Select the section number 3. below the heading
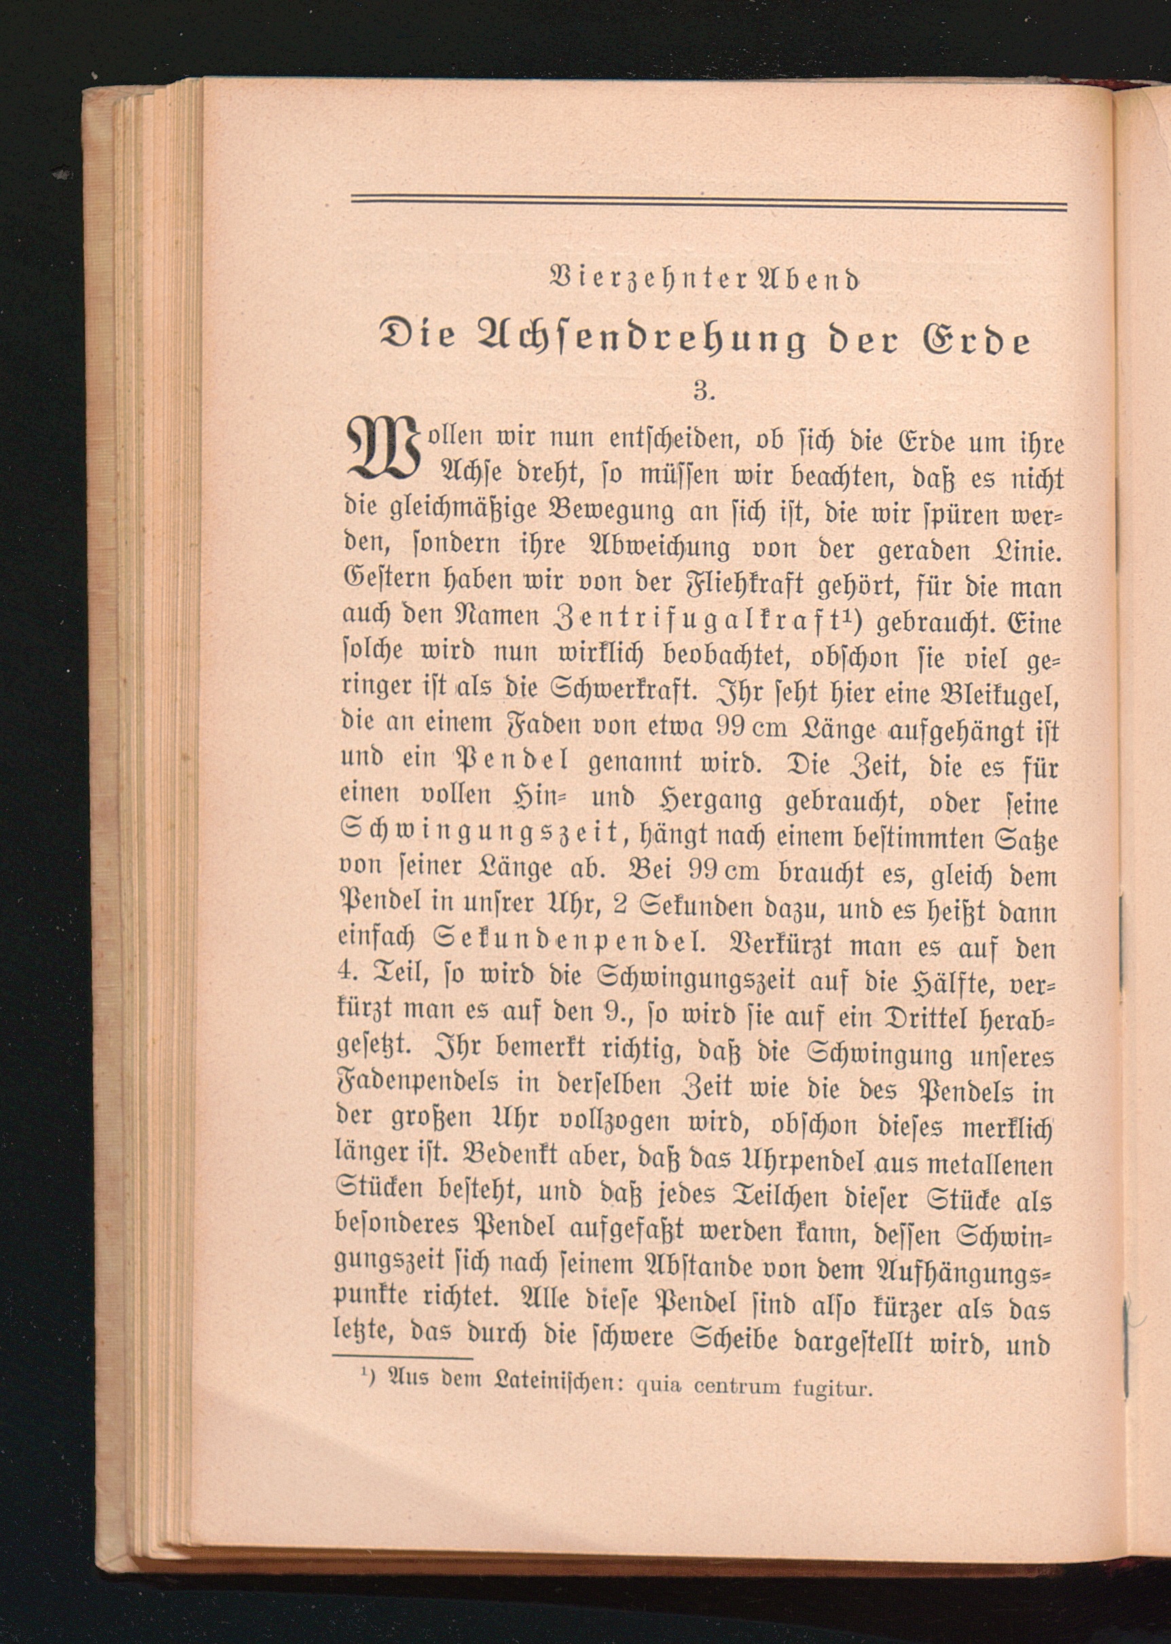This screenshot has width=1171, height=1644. tap(702, 391)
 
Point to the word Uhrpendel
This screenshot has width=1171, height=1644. tap(789, 1161)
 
